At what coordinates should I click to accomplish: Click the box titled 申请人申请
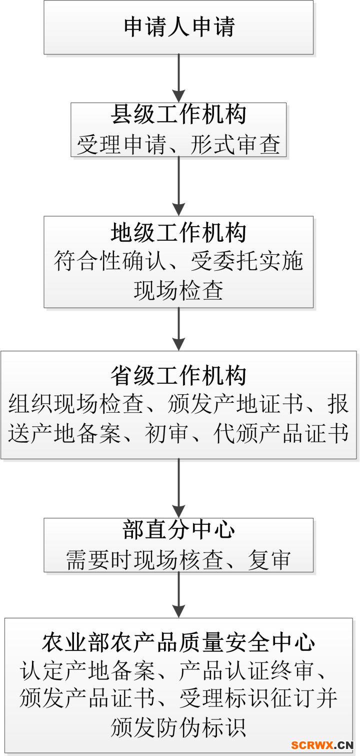(178, 27)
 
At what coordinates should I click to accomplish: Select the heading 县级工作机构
(178, 115)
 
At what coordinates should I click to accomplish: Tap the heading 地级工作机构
(178, 233)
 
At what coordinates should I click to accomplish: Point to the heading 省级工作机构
(178, 376)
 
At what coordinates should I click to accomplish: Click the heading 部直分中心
(178, 529)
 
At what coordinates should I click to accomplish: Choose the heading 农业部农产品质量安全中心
(178, 642)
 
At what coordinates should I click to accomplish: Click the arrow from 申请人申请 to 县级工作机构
(178, 78)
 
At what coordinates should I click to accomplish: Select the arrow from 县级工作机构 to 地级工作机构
(178, 186)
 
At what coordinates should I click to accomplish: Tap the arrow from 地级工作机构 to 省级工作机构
(178, 329)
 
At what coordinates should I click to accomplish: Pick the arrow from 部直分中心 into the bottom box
(178, 595)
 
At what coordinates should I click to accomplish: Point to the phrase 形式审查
(235, 145)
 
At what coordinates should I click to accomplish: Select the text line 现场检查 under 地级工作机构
(178, 290)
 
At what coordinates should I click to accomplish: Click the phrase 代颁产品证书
(280, 433)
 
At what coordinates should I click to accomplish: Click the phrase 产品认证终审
(246, 670)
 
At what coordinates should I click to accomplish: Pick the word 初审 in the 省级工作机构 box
(166, 433)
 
